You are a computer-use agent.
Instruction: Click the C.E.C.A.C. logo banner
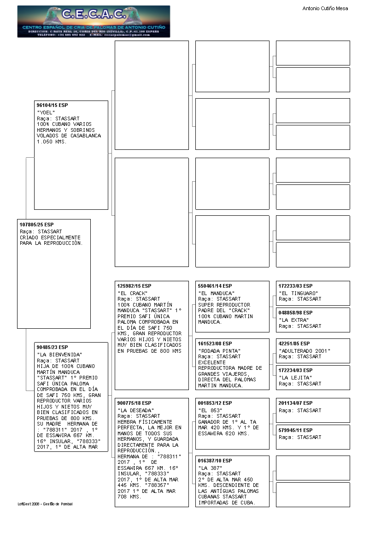pyautogui.click(x=94, y=21)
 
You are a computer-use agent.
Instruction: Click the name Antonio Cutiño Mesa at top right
pyautogui.click(x=325, y=8)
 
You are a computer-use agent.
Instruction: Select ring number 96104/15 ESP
pyautogui.click(x=52, y=106)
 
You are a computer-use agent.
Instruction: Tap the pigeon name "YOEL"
pyautogui.click(x=46, y=112)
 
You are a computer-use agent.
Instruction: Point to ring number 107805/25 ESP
pyautogui.click(x=36, y=225)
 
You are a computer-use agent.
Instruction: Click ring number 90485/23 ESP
pyautogui.click(x=52, y=347)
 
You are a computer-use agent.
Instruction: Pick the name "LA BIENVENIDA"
pyautogui.click(x=59, y=354)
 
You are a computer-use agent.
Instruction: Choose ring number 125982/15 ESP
pyautogui.click(x=134, y=286)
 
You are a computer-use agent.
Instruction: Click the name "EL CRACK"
pyautogui.click(x=132, y=293)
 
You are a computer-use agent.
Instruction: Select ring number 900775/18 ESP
pyautogui.click(x=134, y=403)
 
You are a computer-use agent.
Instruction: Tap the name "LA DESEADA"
pyautogui.click(x=135, y=410)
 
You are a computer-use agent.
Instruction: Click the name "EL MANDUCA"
pyautogui.click(x=216, y=293)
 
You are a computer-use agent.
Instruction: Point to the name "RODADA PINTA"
pyautogui.click(x=219, y=350)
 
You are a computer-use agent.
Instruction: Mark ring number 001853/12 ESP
pyautogui.click(x=215, y=403)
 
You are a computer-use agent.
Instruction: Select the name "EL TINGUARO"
pyautogui.click(x=298, y=293)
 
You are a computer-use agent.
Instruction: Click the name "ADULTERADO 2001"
pyautogui.click(x=305, y=350)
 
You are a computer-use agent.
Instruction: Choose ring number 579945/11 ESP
pyautogui.click(x=295, y=430)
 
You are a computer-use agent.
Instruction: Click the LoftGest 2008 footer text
pyautogui.click(x=45, y=504)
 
